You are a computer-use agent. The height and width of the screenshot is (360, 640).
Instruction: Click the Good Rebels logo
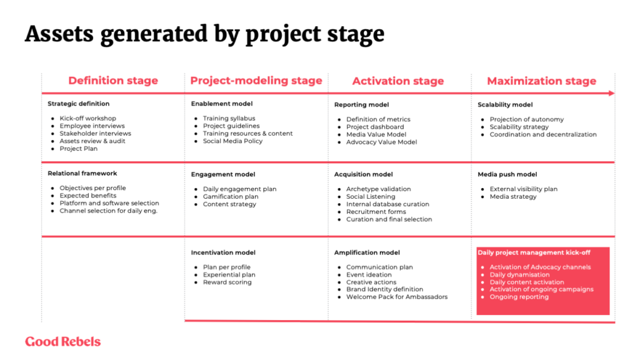[63, 342]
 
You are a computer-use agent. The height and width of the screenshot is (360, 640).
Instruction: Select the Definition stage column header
[113, 81]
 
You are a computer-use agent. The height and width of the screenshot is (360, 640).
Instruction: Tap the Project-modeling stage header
[256, 81]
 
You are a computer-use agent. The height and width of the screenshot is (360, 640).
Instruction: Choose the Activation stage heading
[398, 81]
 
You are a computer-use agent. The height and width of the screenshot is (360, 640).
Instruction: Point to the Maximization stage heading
[542, 81]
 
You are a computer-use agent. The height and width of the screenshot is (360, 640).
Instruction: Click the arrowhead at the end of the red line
[611, 94]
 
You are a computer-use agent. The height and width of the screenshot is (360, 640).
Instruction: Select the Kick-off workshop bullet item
[87, 118]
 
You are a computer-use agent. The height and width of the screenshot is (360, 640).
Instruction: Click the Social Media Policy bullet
[232, 141]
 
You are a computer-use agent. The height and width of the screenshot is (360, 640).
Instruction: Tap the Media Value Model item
[376, 134]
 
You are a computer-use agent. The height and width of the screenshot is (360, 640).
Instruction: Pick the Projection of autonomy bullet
[526, 119]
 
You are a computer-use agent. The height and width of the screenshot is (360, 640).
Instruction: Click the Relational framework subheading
[82, 174]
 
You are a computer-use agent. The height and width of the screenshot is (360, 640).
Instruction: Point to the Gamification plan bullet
[231, 197]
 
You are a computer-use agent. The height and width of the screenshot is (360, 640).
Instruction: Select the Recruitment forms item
[376, 212]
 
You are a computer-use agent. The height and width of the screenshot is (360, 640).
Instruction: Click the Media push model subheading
[507, 174]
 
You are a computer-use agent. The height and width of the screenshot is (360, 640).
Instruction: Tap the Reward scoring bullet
[227, 282]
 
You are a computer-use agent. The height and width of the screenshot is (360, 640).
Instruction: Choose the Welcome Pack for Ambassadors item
[397, 297]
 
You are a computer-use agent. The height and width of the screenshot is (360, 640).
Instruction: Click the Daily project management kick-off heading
[534, 252]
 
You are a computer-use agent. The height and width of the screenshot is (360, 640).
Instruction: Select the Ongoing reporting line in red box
[519, 297]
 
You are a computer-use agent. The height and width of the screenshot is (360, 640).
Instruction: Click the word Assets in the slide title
[59, 34]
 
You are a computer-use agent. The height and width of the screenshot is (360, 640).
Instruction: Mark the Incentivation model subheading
[223, 252]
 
